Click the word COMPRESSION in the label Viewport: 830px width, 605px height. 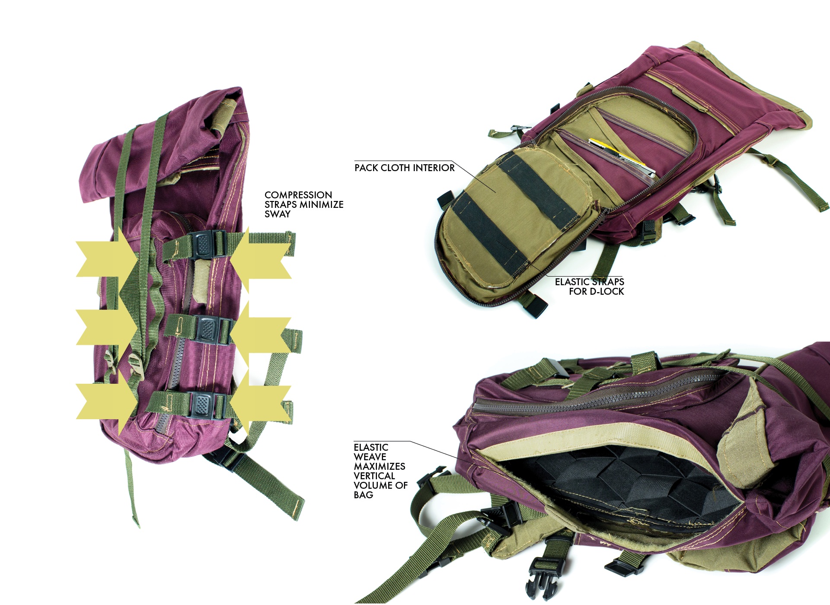pos(298,195)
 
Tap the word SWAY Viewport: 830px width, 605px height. pos(278,214)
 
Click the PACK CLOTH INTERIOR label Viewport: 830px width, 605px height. pos(404,168)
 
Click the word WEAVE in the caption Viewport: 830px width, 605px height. pos(370,457)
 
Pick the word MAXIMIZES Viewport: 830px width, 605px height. pos(380,466)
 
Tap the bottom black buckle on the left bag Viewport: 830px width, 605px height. pos(201,405)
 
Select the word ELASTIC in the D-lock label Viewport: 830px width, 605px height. pos(571,282)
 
